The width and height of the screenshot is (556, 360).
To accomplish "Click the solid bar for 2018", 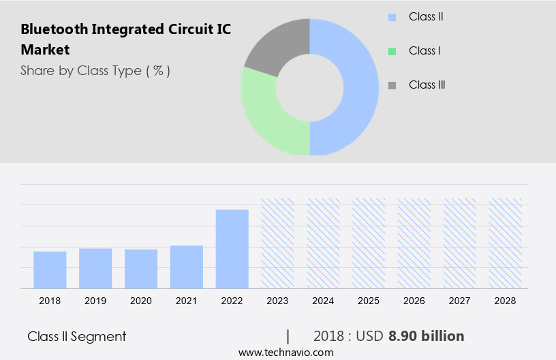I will pyautogui.click(x=50, y=270).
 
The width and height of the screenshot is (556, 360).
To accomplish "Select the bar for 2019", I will pyautogui.click(x=95, y=269).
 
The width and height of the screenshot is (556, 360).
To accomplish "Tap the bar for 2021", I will pyautogui.click(x=187, y=267).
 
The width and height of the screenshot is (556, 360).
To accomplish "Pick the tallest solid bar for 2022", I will pyautogui.click(x=232, y=249).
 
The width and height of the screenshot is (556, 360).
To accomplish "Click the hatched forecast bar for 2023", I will pyautogui.click(x=278, y=243).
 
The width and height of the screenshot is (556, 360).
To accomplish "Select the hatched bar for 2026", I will pyautogui.click(x=414, y=243).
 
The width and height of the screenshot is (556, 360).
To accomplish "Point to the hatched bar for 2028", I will pyautogui.click(x=506, y=243).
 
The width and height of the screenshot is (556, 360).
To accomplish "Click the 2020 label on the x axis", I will pyautogui.click(x=141, y=301).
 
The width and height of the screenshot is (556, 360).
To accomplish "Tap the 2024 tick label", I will pyautogui.click(x=324, y=301).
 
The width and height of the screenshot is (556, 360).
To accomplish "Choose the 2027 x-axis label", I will pyautogui.click(x=460, y=301).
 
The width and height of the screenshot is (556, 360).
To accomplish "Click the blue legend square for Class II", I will pyautogui.click(x=392, y=17).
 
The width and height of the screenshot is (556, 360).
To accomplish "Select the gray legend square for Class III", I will pyautogui.click(x=392, y=85).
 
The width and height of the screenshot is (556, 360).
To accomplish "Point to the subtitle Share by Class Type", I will pyautogui.click(x=95, y=70).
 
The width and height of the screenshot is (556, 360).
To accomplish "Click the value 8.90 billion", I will pyautogui.click(x=427, y=336).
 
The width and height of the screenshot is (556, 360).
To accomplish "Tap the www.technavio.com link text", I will pyautogui.click(x=286, y=352).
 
